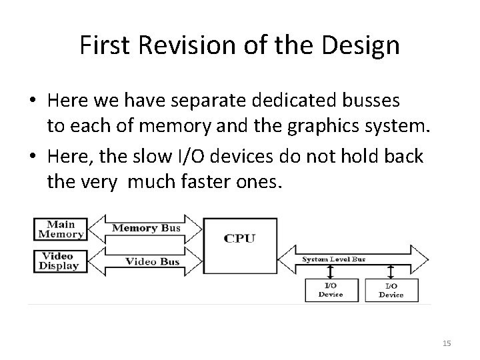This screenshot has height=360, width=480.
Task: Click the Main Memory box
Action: tap(60, 228)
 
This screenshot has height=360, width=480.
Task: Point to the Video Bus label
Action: tap(152, 261)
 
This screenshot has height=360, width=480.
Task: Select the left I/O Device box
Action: tap(330, 290)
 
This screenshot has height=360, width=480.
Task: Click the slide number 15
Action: tap(447, 343)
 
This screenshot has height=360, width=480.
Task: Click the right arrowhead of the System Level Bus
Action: tap(421, 258)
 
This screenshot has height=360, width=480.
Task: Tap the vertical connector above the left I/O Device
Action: tap(330, 272)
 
